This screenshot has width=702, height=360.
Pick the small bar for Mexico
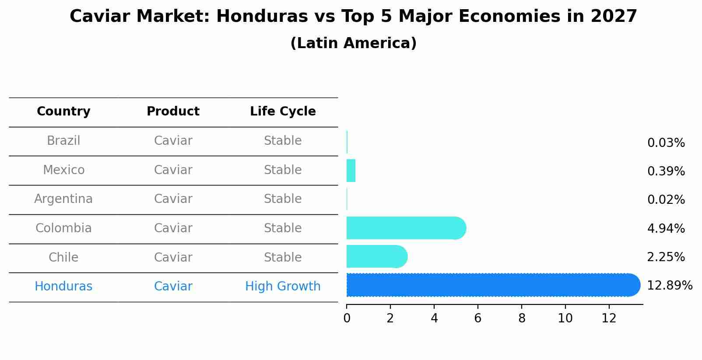pyautogui.click(x=351, y=171)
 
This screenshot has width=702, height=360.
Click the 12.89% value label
pyautogui.click(x=669, y=286)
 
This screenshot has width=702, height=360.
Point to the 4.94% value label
pyautogui.click(x=666, y=228)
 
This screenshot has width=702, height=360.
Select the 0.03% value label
pyautogui.click(x=666, y=143)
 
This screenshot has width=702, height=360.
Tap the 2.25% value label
pyautogui.click(x=666, y=257)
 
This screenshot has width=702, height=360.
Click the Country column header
pyautogui.click(x=63, y=112)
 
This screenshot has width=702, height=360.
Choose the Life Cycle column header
pyautogui.click(x=283, y=112)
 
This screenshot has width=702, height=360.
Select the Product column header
pyautogui.click(x=173, y=112)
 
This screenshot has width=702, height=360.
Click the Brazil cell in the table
pyautogui.click(x=63, y=141)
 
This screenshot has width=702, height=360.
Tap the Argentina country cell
pyautogui.click(x=63, y=199)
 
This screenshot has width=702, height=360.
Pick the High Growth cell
pyautogui.click(x=283, y=287)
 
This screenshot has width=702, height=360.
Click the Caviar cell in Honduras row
pyautogui.click(x=173, y=287)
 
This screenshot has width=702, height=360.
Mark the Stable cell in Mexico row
pyautogui.click(x=283, y=170)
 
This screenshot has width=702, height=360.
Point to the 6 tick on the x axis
pyautogui.click(x=477, y=318)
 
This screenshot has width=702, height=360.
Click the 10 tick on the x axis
pyautogui.click(x=565, y=318)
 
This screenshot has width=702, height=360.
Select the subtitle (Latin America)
pyautogui.click(x=353, y=43)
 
